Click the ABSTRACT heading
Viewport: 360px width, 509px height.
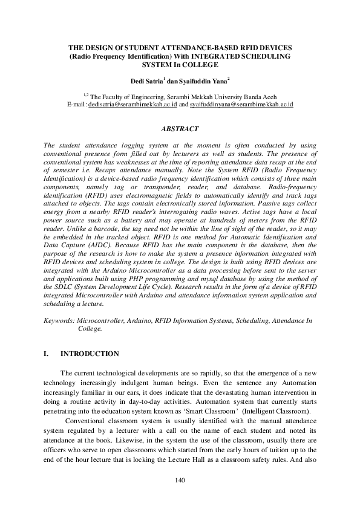180,129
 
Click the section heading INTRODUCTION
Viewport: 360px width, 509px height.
90,354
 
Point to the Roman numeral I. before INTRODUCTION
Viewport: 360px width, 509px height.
47,354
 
